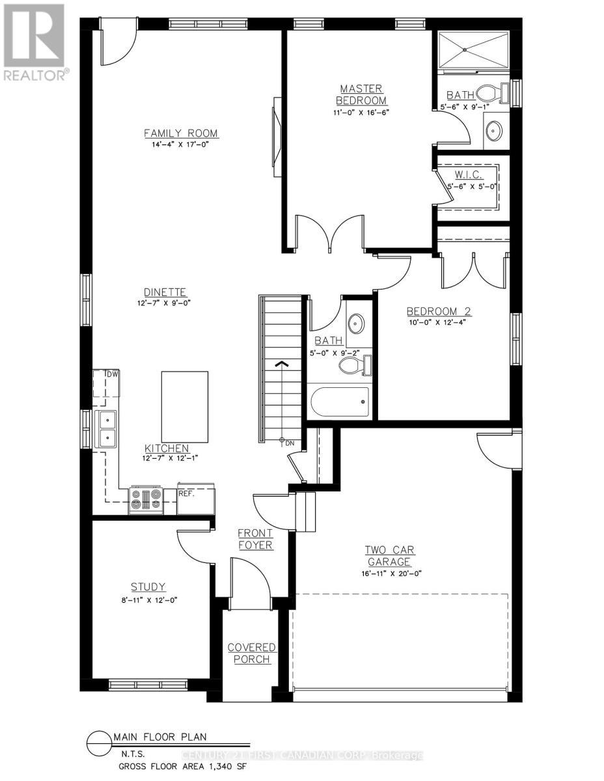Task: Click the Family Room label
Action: click(181, 133)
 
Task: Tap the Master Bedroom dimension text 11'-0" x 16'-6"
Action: click(361, 112)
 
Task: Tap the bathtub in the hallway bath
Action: click(339, 402)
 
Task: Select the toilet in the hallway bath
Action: click(355, 366)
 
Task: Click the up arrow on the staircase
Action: click(281, 365)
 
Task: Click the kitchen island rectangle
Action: click(184, 407)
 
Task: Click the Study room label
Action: click(148, 586)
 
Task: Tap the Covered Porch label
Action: click(251, 653)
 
